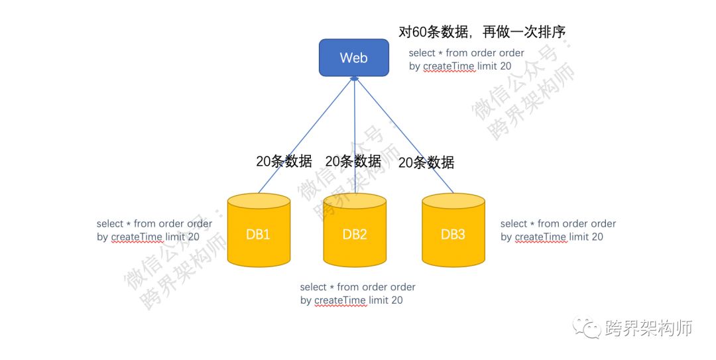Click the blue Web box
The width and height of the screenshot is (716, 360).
click(x=353, y=58)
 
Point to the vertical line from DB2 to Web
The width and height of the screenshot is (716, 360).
click(x=355, y=133)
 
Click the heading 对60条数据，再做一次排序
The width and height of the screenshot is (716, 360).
click(x=481, y=32)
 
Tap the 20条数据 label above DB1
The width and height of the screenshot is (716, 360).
click(x=284, y=161)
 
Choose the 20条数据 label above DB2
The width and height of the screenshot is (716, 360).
click(x=353, y=161)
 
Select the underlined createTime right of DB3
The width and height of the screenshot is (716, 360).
click(x=541, y=237)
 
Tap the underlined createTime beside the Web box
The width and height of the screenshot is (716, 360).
click(x=449, y=66)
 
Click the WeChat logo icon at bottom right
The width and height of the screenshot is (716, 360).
click(x=587, y=326)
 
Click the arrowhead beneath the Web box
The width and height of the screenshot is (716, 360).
click(x=355, y=79)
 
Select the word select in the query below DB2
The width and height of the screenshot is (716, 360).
click(x=314, y=287)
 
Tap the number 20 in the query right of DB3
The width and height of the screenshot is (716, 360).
click(x=597, y=237)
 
